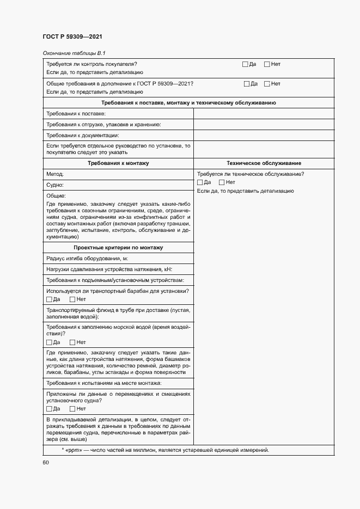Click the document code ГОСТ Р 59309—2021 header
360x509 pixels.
tap(72, 37)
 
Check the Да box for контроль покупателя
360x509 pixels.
tap(246, 64)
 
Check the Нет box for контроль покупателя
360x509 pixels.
tap(267, 64)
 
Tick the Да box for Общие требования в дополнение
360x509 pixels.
tap(247, 84)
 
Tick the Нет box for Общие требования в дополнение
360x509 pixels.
tap(267, 84)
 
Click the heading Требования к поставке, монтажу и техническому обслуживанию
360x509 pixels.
tap(188, 103)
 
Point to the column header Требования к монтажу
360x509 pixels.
tap(118, 163)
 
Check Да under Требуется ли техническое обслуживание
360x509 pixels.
tap(200, 182)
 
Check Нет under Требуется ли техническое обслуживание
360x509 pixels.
tap(222, 182)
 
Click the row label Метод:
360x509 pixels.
tap(55, 174)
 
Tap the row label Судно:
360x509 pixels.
tap(56, 185)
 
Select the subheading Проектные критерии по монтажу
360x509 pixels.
tap(118, 248)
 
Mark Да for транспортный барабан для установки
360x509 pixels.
tap(50, 299)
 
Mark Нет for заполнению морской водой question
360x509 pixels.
tap(72, 342)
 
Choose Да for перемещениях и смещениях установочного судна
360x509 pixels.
tap(50, 409)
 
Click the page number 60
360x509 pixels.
tap(46, 463)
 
